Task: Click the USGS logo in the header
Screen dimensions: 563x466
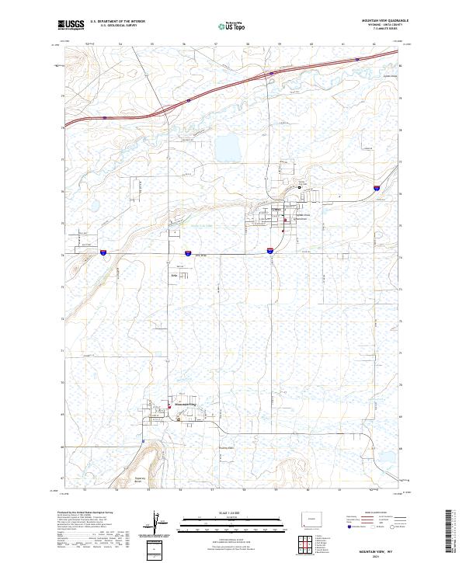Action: point(71,26)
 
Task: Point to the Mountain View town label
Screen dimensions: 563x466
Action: point(188,405)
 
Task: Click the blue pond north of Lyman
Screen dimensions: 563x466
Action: point(228,146)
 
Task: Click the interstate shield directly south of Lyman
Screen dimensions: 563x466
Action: point(270,251)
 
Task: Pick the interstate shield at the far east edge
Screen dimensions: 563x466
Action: point(375,187)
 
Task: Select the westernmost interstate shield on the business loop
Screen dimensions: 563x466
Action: point(103,252)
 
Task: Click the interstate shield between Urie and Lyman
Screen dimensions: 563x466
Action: point(188,252)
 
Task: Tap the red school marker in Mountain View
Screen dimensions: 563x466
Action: point(171,404)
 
